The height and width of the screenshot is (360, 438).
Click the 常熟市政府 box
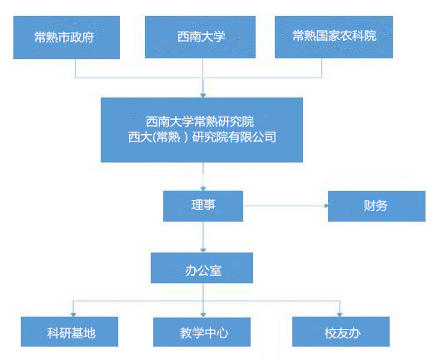pos(67,37)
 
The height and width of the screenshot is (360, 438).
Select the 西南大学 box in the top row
pos(200,37)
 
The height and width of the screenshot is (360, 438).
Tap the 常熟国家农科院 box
pos(334,37)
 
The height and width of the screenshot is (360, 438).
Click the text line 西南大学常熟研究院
pos(200,122)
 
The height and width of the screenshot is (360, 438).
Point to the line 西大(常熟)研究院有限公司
pos(202,137)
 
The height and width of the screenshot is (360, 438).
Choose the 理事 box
pos(203,206)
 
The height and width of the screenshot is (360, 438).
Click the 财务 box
pos(376,206)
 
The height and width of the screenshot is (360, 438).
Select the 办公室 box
pos(202,267)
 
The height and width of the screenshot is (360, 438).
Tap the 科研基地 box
pos(70,332)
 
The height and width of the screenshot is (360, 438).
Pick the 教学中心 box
pos(202,332)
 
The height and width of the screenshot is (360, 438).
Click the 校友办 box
pos(341,332)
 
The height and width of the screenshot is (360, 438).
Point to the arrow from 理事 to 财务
pos(286,206)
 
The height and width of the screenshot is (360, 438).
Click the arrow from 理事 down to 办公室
pos(203,237)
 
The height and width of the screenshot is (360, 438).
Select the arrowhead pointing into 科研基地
pos(73,314)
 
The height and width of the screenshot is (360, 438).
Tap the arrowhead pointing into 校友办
pos(340,314)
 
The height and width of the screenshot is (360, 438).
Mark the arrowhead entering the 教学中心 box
pos(203,314)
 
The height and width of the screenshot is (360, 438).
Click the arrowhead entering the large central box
pos(203,95)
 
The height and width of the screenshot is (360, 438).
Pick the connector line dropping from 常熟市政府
pos(75,68)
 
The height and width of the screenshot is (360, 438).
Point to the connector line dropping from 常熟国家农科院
pos(321,68)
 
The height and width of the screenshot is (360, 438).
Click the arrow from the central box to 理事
pos(203,177)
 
